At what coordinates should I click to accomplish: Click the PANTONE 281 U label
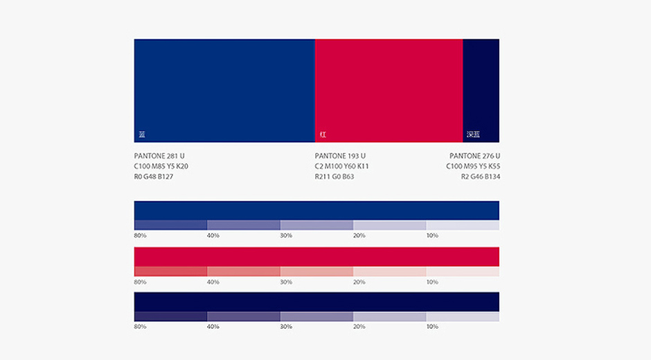[159, 156]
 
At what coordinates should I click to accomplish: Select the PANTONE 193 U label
[340, 156]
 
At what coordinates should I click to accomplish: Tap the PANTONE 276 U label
[474, 156]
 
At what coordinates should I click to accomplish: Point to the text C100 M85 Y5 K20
[161, 166]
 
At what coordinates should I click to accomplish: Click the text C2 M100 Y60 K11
[341, 166]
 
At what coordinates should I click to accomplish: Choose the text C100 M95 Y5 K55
[473, 166]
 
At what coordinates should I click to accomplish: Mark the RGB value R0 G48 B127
[154, 177]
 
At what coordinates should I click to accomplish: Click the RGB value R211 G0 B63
[335, 177]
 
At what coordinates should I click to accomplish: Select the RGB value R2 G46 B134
[481, 177]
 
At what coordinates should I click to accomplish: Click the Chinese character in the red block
[323, 134]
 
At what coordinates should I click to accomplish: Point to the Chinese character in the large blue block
[142, 134]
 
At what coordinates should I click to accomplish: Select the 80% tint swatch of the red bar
[170, 271]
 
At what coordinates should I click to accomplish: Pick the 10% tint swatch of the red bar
[463, 271]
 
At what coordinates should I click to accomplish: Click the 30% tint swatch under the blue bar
[316, 225]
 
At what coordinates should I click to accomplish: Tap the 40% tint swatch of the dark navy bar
[243, 316]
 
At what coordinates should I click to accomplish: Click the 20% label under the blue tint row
[359, 235]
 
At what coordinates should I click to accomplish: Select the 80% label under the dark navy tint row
[140, 326]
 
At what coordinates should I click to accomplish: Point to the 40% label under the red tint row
[213, 282]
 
